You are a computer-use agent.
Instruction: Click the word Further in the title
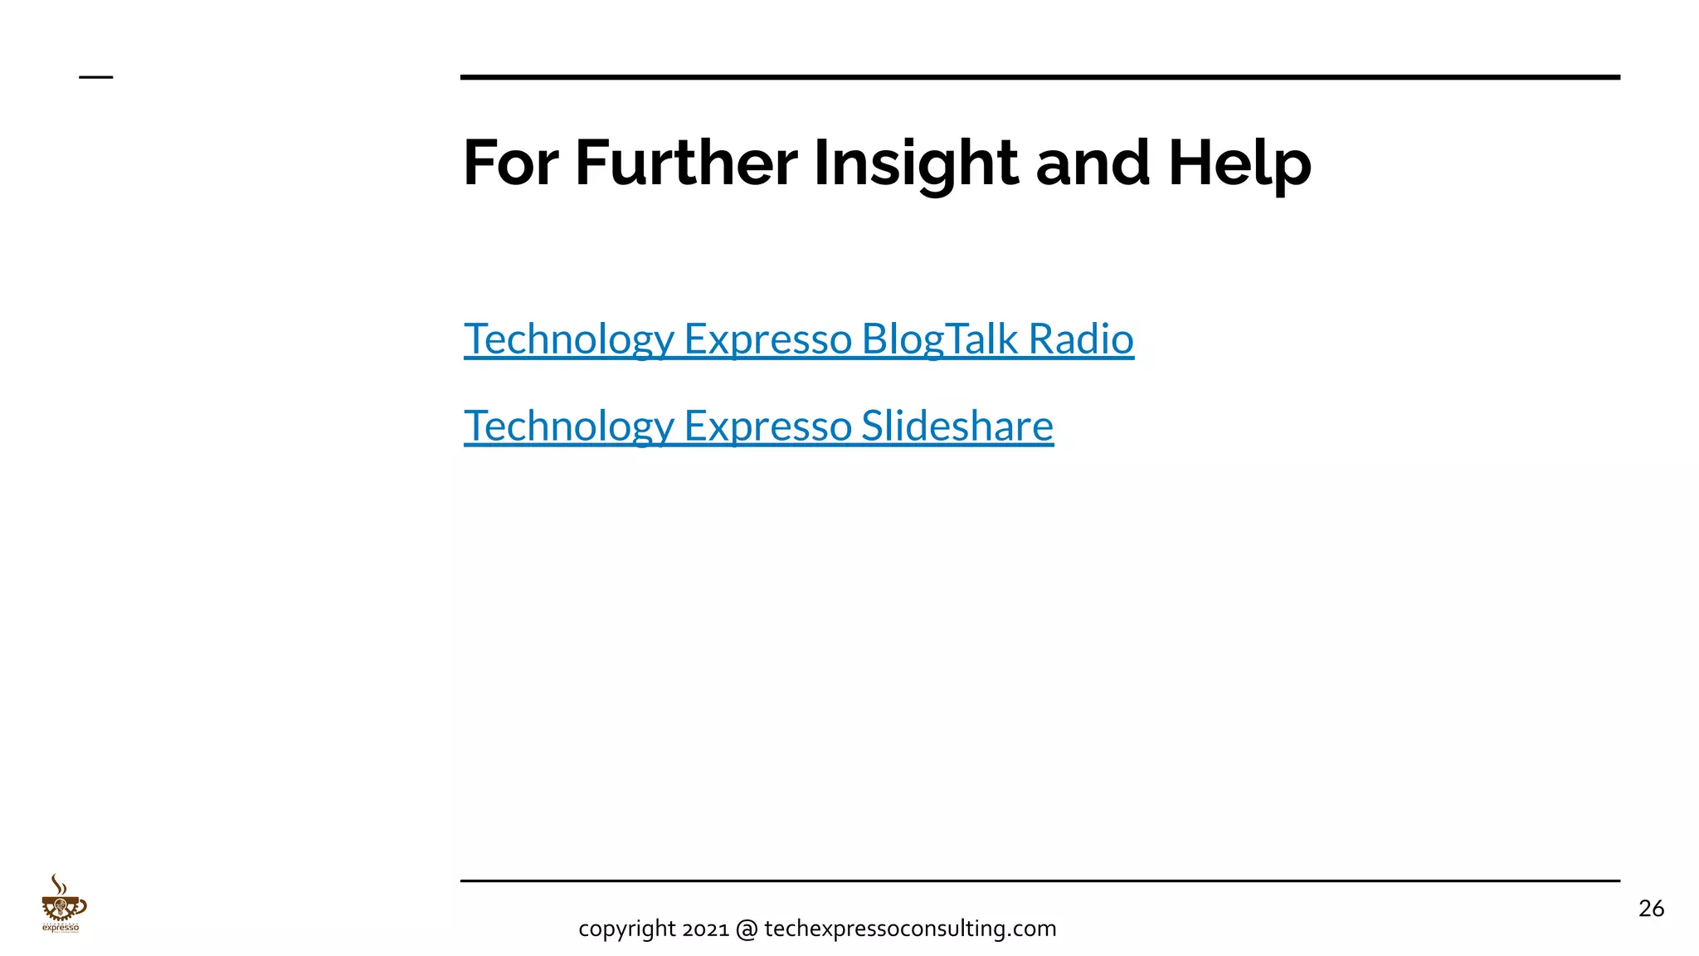point(685,163)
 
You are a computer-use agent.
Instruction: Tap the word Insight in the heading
point(915,164)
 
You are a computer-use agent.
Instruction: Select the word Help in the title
point(1239,164)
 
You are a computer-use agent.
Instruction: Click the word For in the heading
point(510,163)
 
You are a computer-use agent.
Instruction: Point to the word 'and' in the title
point(1093,163)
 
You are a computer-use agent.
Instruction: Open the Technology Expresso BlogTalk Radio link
point(798,339)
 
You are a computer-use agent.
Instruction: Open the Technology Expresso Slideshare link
point(758,427)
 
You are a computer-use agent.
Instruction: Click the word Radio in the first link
point(1080,339)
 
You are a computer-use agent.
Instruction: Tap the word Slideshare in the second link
point(957,426)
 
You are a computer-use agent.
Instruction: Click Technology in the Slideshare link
point(569,427)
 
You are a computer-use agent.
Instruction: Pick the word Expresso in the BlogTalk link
point(767,339)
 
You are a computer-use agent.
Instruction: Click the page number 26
point(1651,909)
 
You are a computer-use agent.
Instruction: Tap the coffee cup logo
point(63,906)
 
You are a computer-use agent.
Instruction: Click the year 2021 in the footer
point(705,929)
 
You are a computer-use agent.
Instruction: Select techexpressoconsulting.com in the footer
point(910,929)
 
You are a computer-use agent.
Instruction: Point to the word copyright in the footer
point(627,929)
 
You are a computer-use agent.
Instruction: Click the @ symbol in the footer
point(747,929)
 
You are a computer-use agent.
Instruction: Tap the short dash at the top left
point(95,77)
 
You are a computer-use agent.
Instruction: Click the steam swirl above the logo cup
point(57,884)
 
